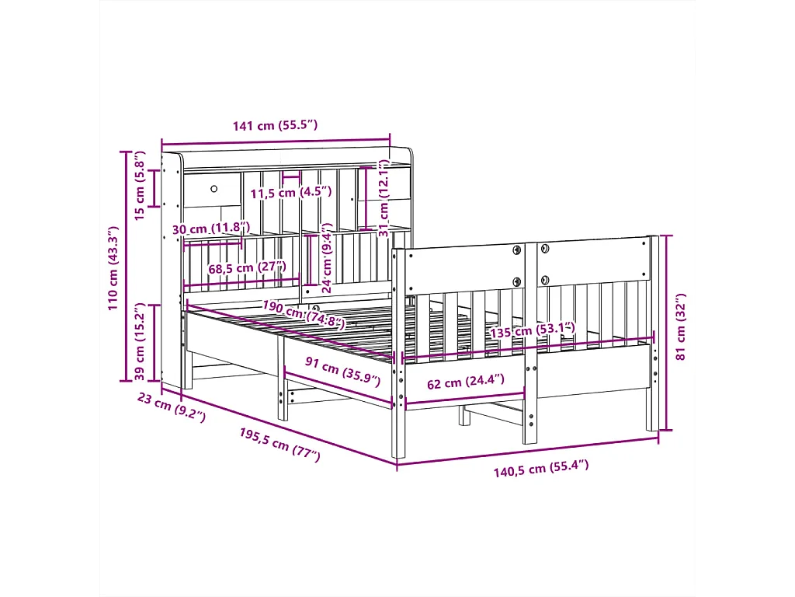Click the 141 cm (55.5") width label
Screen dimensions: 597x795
pyautogui.click(x=275, y=125)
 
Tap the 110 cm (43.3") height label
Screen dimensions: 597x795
pyautogui.click(x=113, y=268)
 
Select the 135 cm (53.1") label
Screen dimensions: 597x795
pyautogui.click(x=533, y=330)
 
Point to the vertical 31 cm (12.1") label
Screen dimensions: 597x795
pyautogui.click(x=383, y=198)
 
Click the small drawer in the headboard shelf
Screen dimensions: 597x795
pyautogui.click(x=213, y=190)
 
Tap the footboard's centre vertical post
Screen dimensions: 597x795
pyautogui.click(x=530, y=342)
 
